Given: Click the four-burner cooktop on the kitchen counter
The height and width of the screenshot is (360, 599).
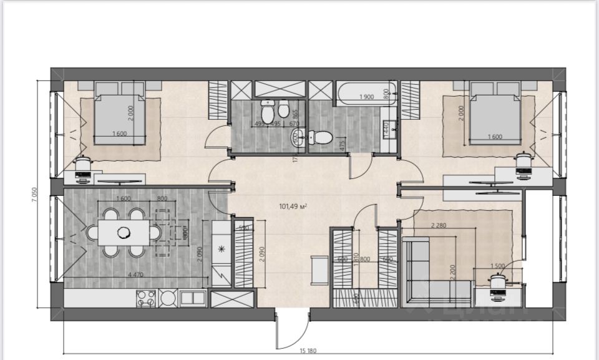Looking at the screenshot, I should tap(145, 299).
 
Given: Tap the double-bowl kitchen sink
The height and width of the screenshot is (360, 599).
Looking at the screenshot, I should tap(191, 299).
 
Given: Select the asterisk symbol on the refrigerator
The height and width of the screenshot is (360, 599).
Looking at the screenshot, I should tap(220, 250).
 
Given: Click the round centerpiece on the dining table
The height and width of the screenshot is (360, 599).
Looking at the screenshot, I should tap(124, 233).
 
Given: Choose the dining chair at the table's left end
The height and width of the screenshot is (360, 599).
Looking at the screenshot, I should tap(92, 233).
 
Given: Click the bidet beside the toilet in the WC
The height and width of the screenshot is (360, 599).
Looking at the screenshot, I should tap(283, 110).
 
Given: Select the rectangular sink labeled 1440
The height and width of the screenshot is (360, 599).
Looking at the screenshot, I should tap(391, 129).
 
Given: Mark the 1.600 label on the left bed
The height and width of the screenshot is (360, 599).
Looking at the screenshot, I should tap(120, 134).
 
